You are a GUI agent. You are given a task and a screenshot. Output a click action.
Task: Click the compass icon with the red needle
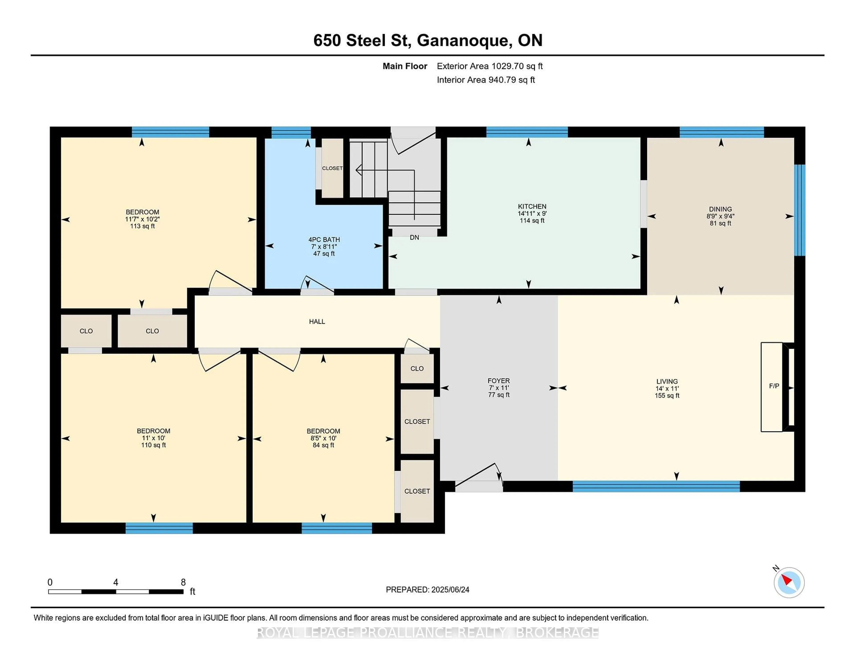(x=789, y=583)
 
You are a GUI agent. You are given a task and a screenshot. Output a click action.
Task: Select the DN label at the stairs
(x=414, y=237)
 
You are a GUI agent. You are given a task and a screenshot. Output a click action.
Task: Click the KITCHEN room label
(x=532, y=206)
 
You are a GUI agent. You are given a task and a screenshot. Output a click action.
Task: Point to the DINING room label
(x=720, y=209)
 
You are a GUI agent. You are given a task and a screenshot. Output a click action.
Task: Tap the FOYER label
(x=498, y=381)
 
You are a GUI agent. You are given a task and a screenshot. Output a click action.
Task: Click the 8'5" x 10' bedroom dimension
(x=323, y=438)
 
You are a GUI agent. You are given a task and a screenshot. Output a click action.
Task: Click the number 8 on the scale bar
(x=183, y=582)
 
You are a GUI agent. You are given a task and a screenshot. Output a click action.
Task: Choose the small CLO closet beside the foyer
(x=417, y=369)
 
